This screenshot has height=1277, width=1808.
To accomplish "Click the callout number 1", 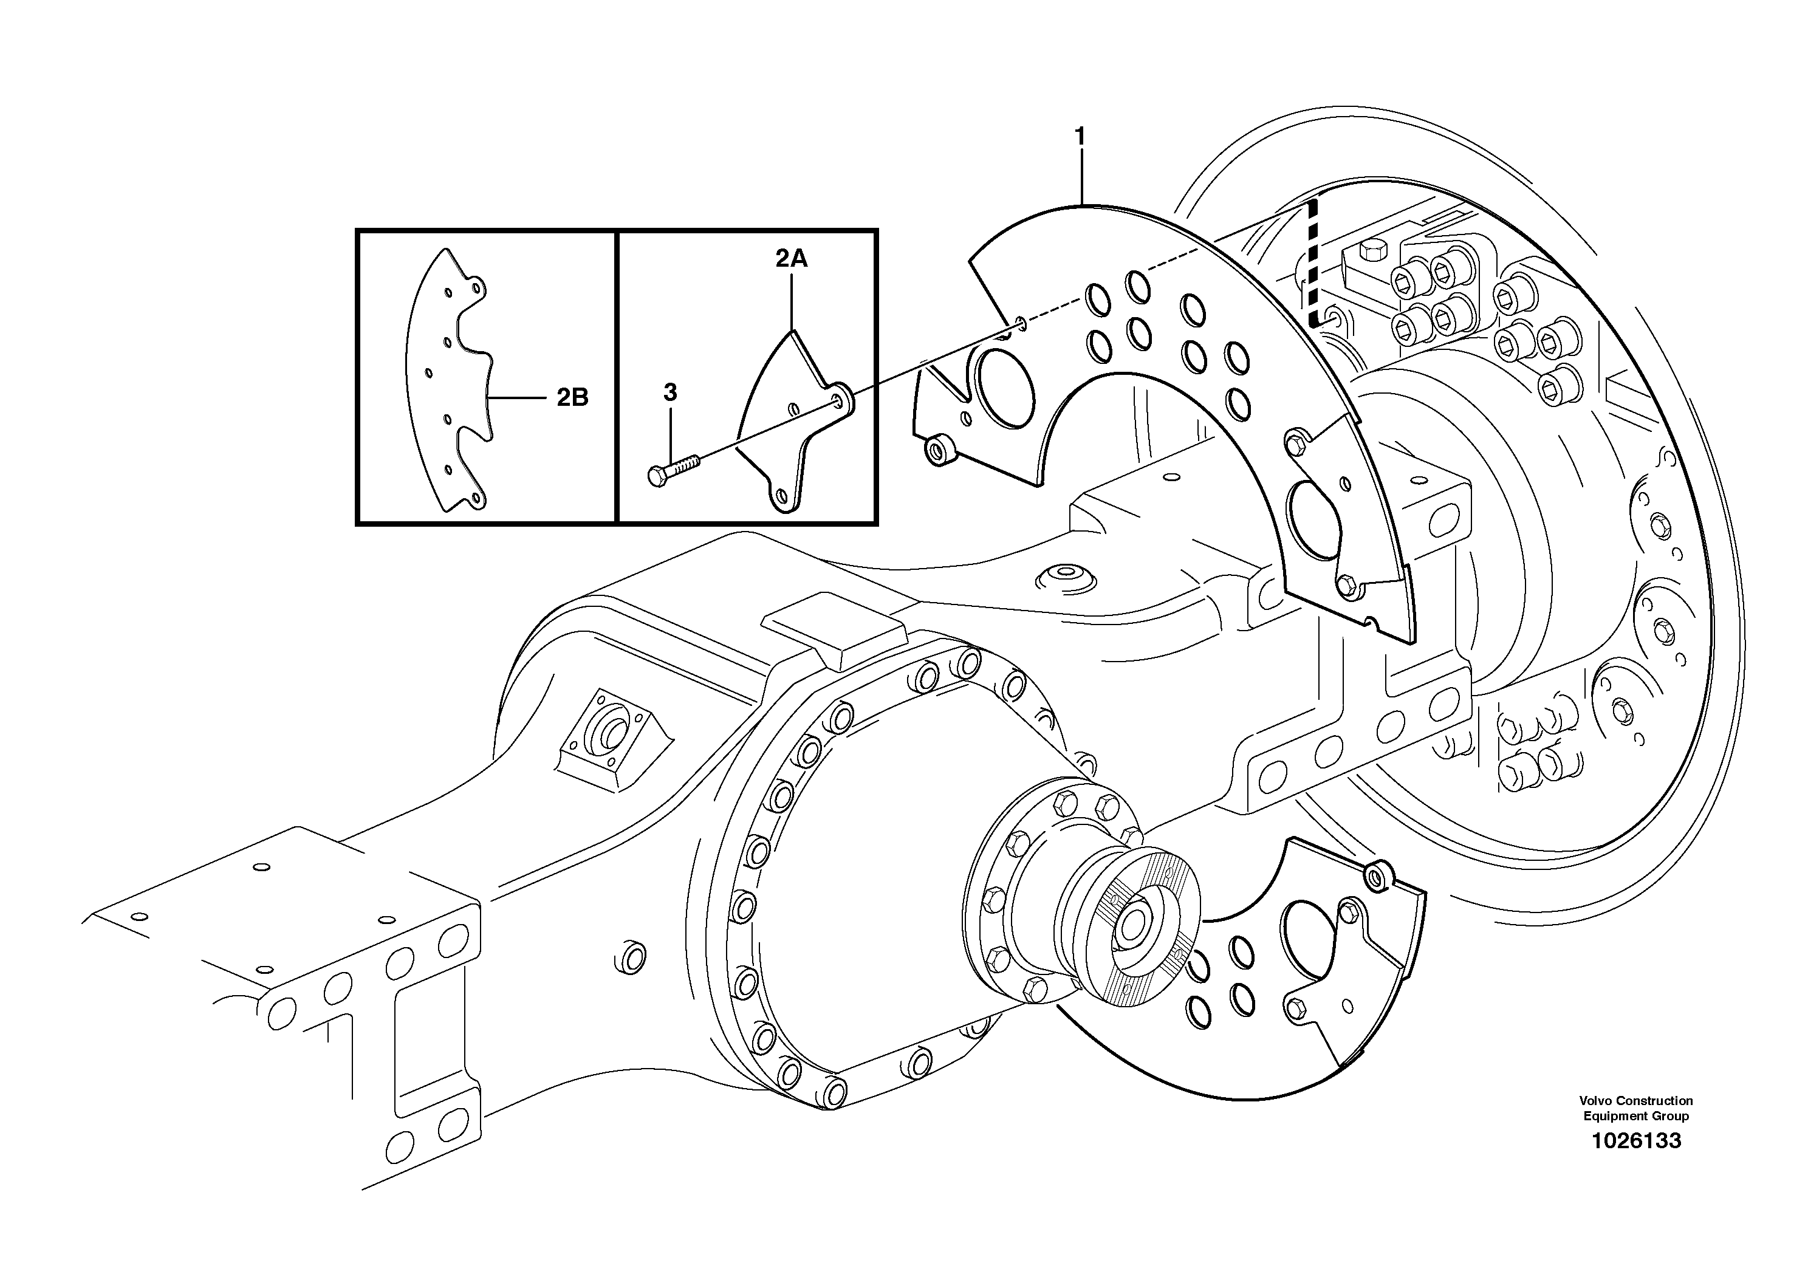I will click(1080, 137).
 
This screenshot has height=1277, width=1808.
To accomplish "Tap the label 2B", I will click(572, 397).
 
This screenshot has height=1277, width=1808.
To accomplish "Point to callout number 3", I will click(670, 392).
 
